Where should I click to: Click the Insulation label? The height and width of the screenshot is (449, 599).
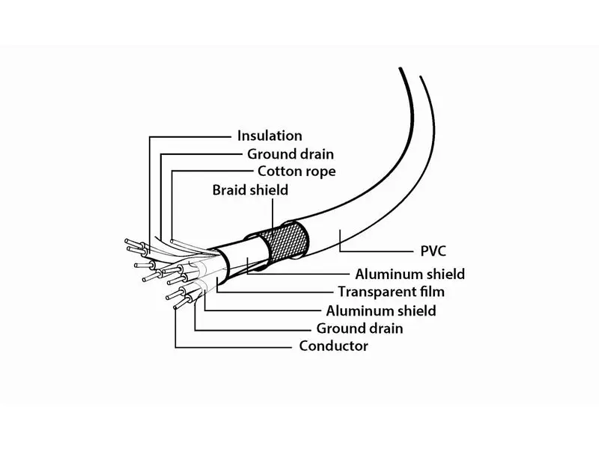point(270,135)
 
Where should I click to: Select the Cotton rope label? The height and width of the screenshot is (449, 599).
point(297,171)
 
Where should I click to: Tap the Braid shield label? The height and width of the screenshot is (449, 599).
point(250,190)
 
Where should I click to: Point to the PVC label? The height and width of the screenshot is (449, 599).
point(433,251)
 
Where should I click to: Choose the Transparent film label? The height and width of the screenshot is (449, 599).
point(391,292)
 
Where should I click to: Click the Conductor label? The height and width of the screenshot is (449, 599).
point(333,346)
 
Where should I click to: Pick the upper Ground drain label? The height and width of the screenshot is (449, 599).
point(291,154)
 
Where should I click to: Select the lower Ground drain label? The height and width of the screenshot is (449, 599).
point(359,329)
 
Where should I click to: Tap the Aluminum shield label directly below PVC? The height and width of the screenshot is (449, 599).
point(410,274)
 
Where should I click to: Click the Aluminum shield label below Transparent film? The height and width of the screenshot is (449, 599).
point(381,311)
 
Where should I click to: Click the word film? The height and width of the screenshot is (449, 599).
point(432,292)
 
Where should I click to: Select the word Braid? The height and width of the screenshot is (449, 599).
point(228,190)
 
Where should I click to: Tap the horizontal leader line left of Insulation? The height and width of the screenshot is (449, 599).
point(190,137)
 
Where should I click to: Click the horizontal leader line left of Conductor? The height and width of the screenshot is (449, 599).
point(234,347)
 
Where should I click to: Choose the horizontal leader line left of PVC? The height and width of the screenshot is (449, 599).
point(377,251)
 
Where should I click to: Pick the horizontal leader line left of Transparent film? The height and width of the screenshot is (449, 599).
point(274,293)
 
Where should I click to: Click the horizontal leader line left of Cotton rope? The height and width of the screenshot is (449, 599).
point(212,171)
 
